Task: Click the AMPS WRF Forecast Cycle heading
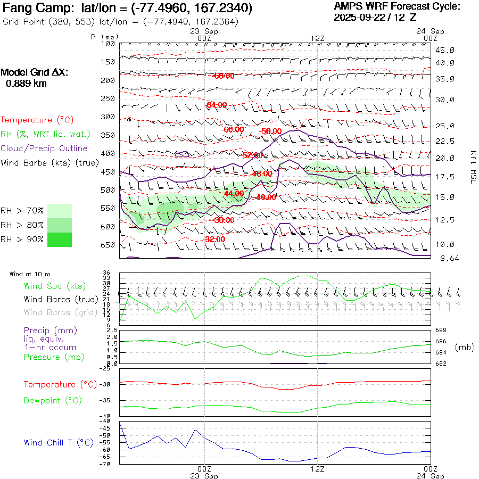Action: (x=397, y=6)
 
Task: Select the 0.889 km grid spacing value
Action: (x=26, y=83)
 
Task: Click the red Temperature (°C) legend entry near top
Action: (x=37, y=120)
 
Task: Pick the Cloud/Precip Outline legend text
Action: (x=44, y=148)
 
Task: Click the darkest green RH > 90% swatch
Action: (x=60, y=240)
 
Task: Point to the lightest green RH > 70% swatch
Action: (x=60, y=211)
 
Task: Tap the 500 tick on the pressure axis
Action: (x=108, y=190)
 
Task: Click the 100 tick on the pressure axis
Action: (x=108, y=44)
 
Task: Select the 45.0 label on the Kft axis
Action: (x=445, y=50)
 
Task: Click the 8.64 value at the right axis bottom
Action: (x=445, y=258)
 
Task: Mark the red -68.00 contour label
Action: (x=224, y=76)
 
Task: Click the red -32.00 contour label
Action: (x=215, y=239)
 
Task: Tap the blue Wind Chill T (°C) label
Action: (x=59, y=442)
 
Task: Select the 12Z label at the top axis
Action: (x=318, y=38)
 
